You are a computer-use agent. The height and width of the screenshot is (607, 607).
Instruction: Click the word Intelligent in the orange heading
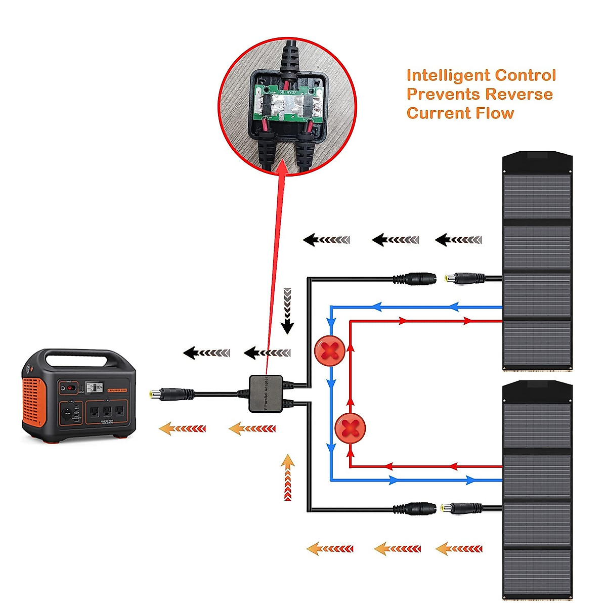pos(448,76)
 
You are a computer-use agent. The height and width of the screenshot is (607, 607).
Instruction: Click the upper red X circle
pos(330,350)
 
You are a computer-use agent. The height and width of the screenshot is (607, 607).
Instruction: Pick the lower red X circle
pos(350,428)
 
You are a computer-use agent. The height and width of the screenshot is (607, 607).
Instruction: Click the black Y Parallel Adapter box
pos(266,394)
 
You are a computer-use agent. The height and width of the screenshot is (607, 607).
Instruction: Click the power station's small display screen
pos(94,387)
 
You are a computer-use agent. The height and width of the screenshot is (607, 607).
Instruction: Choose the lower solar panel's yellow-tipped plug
pos(448,508)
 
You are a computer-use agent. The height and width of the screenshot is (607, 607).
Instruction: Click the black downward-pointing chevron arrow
pos(287,311)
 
